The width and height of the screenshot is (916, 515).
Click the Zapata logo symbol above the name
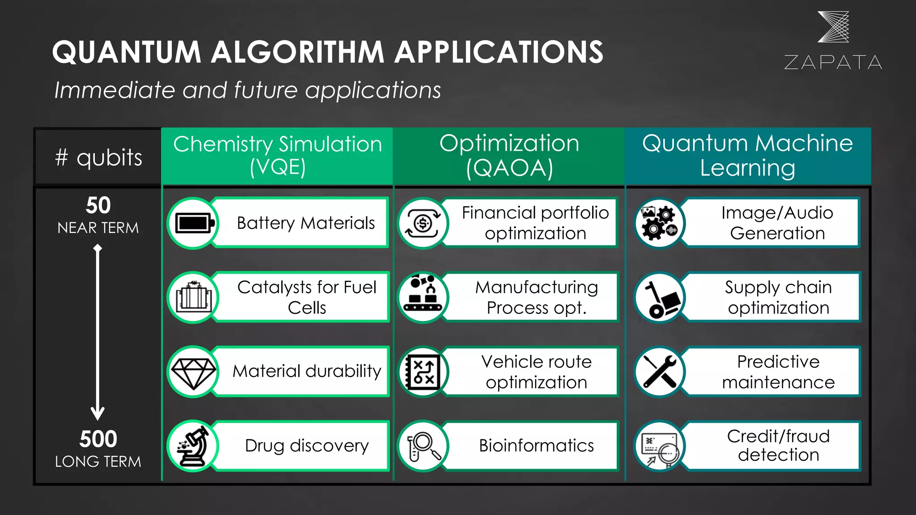click(x=833, y=27)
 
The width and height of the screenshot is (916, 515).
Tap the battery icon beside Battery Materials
click(x=193, y=223)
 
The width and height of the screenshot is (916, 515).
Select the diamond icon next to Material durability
click(x=193, y=371)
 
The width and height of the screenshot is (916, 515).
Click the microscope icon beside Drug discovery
click(x=193, y=446)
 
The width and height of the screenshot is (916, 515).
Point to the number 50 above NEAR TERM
click(x=98, y=206)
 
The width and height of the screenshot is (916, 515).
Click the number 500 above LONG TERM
click(x=98, y=439)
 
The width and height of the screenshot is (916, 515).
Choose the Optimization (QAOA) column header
click(x=509, y=156)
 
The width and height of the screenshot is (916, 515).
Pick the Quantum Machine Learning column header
click(x=748, y=156)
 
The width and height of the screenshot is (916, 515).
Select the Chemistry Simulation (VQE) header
click(x=277, y=156)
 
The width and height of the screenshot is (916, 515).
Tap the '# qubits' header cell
click(x=98, y=157)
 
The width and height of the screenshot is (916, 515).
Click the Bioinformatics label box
click(x=536, y=446)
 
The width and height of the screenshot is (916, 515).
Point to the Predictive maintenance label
click(x=778, y=371)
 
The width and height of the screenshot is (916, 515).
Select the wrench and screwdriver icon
click(x=659, y=371)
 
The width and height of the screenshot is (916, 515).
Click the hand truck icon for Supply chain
click(x=659, y=297)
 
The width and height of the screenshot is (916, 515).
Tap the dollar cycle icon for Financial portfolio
click(x=423, y=223)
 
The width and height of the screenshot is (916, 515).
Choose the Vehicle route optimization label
click(x=536, y=371)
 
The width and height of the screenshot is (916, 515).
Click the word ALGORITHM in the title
click(x=297, y=52)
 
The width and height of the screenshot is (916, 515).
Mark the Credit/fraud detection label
click(x=778, y=446)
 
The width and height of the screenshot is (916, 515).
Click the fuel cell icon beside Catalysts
click(x=193, y=297)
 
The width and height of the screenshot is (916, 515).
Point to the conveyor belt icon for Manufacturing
click(x=423, y=297)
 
